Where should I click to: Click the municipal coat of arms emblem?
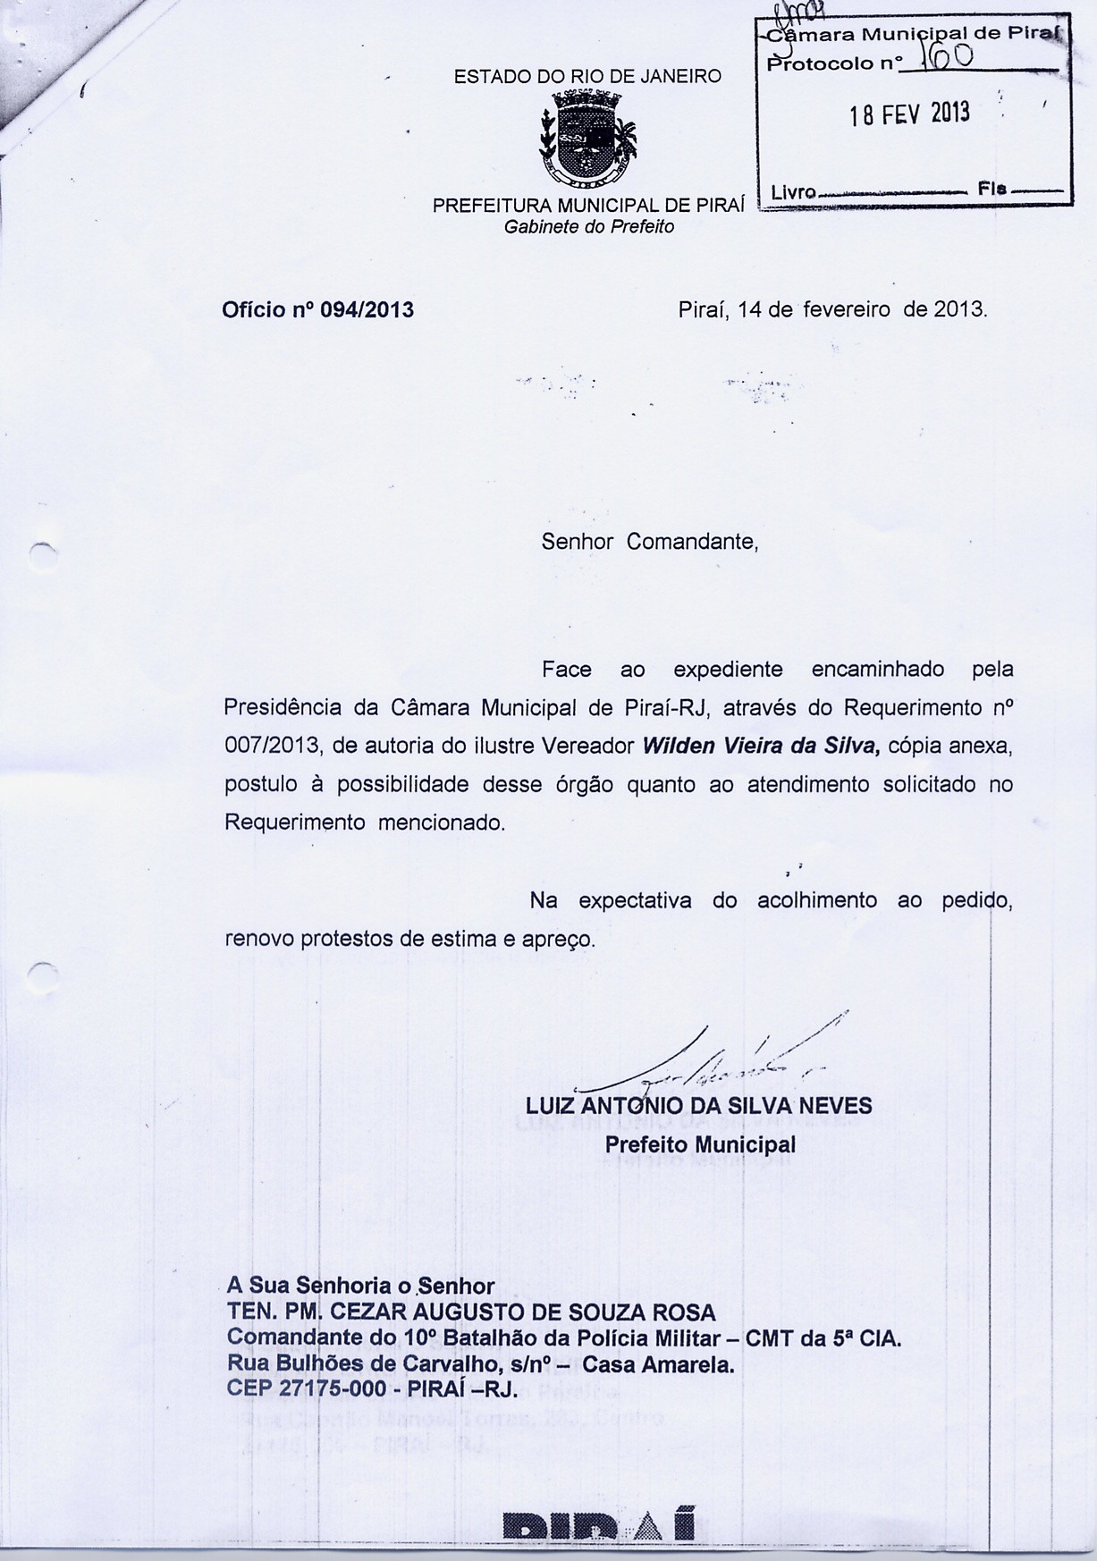pos(587,139)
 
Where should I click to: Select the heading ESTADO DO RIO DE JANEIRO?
pos(587,77)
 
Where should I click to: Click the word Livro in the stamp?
pos(793,191)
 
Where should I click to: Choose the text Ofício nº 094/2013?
pos(317,310)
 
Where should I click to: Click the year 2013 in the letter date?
pos(959,310)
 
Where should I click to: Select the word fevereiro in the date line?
pos(846,310)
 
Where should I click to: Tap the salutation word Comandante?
pos(692,542)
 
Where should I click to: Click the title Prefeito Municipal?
pos(700,1144)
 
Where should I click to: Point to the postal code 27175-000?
pos(325,1389)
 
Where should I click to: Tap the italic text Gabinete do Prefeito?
pos(588,227)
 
